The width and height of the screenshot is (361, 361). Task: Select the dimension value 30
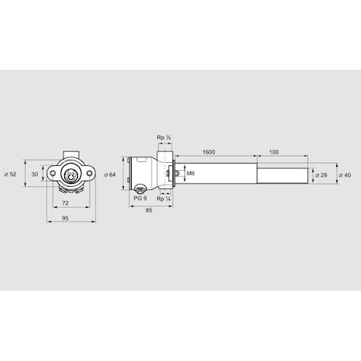[x=34, y=174]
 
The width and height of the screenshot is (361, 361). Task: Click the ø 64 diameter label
[x=112, y=174]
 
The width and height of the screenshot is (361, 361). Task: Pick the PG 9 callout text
[x=140, y=197]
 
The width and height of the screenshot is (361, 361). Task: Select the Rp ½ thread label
[x=166, y=139]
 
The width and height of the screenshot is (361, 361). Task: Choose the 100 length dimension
[x=274, y=151]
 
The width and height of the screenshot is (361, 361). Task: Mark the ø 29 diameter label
[x=320, y=174]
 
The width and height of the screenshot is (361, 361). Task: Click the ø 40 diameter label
[x=346, y=174]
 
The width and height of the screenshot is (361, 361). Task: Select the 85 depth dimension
[x=150, y=211]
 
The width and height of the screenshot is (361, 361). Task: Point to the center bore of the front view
[x=74, y=173]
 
